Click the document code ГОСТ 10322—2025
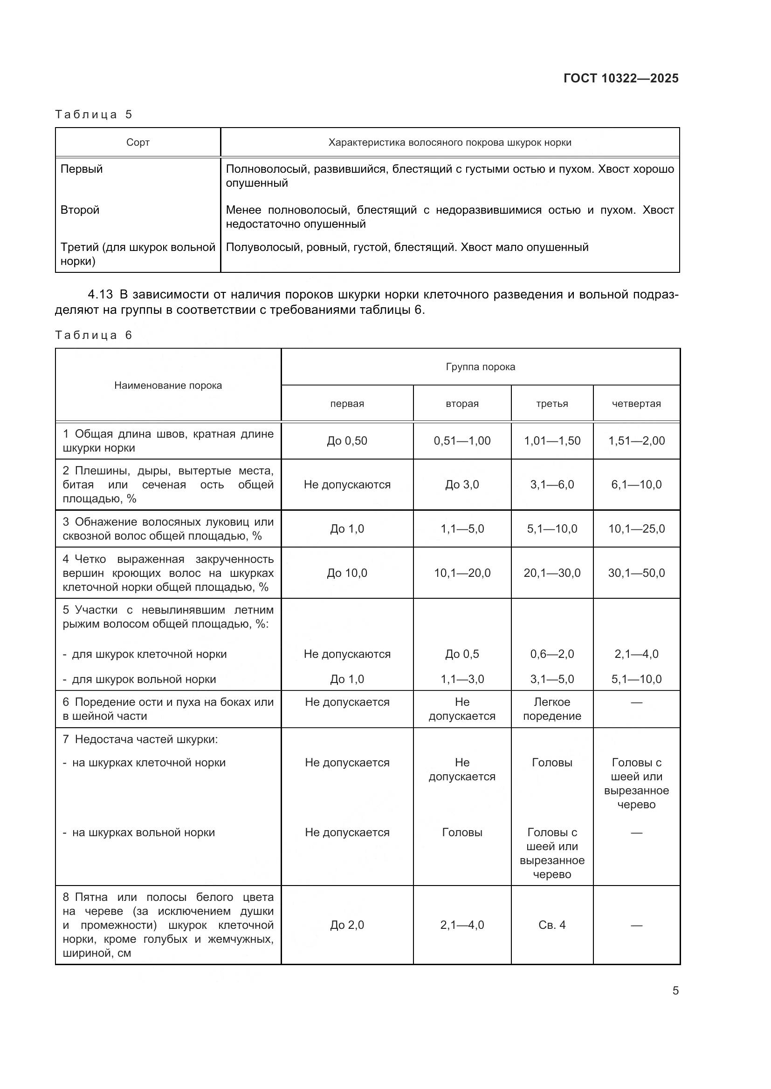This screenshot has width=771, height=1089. click(620, 78)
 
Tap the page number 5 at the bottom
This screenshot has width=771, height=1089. click(675, 990)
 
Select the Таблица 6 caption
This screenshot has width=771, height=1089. click(94, 335)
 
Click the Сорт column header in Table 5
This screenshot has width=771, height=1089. click(138, 142)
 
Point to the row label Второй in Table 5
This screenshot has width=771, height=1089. click(80, 210)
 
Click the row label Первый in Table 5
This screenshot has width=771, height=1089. click(81, 169)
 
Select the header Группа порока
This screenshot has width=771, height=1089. click(480, 366)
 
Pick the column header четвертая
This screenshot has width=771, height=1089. click(636, 404)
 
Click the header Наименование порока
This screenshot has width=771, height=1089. click(168, 385)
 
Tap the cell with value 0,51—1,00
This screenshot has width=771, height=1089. click(461, 440)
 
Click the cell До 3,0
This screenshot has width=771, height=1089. click(461, 484)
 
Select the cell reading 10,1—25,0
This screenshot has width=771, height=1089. click(636, 528)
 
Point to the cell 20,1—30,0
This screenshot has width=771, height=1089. click(551, 573)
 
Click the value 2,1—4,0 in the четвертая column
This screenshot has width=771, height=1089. click(636, 654)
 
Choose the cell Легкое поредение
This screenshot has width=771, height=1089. click(551, 709)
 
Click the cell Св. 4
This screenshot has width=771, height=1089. click(551, 925)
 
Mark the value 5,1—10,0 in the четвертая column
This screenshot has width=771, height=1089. click(636, 679)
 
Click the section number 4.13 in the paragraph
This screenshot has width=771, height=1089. click(100, 295)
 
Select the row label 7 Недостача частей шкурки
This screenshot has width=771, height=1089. click(140, 739)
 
